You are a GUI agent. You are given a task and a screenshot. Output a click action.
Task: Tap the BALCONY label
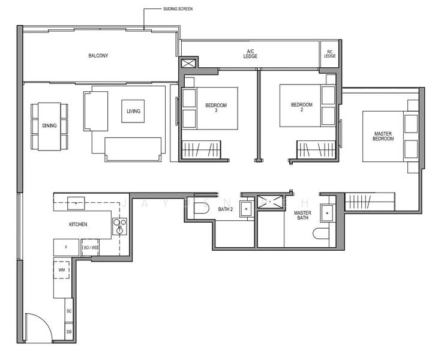98,56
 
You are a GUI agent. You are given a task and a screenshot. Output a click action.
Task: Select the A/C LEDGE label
250,53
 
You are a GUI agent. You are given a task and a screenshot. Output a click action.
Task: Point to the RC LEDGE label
329,54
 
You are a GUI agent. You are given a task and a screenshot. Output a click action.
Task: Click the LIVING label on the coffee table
133,111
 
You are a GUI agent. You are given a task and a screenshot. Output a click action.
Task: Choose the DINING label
49,125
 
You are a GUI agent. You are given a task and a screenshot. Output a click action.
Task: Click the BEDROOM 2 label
301,107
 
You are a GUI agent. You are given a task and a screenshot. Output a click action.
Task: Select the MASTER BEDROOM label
383,136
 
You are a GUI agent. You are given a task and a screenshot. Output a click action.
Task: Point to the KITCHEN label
78,224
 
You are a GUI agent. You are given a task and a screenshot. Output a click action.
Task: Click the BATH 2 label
225,209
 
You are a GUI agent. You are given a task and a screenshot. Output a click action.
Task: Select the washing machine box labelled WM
61,271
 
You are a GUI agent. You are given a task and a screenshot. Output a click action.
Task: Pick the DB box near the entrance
69,332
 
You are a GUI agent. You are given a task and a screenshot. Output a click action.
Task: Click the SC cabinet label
69,311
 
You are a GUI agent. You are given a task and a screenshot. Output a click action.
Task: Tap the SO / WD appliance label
90,247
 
